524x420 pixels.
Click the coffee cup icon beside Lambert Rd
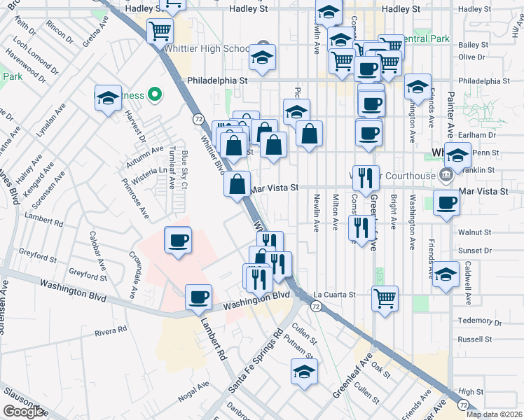[x=199, y=297]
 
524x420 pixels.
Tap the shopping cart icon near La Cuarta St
[x=385, y=298]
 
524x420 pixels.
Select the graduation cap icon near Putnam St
[x=304, y=372]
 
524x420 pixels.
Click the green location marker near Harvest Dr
[x=156, y=95]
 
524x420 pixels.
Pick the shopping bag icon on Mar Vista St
[x=238, y=185]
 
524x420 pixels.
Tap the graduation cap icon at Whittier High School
[x=263, y=57]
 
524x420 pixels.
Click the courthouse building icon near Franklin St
[x=446, y=174]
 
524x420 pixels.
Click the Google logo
[x=24, y=412]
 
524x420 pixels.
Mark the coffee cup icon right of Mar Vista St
[x=446, y=204]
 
